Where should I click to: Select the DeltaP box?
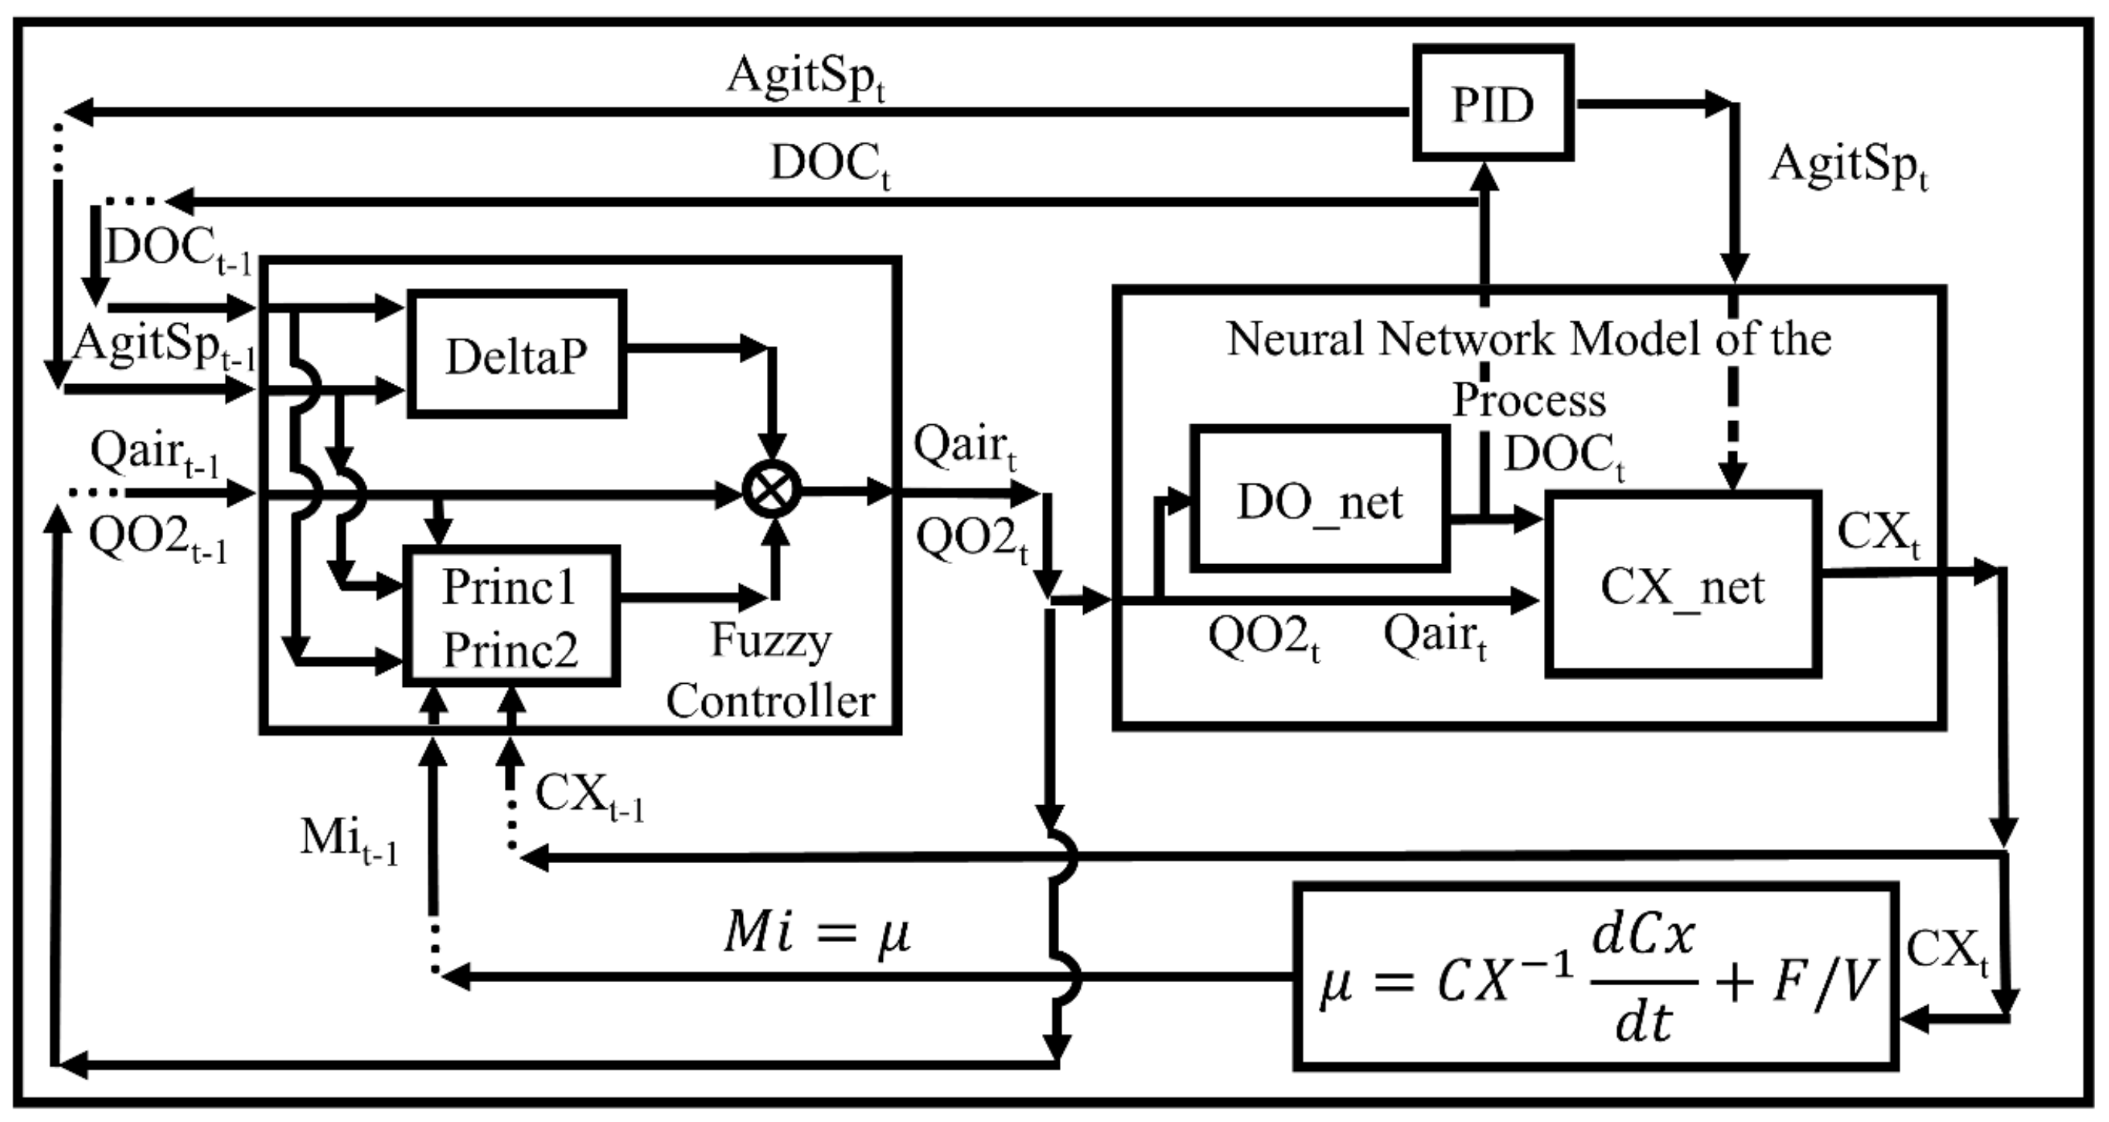point(516,355)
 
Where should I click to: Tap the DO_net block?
point(1319,498)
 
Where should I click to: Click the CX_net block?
point(1682,584)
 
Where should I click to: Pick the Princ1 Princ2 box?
point(511,616)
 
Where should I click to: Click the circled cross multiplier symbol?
point(771,491)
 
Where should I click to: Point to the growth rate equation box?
point(1595,975)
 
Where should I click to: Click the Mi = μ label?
point(816,933)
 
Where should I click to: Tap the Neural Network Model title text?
point(1528,338)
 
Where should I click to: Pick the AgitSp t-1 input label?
point(164,345)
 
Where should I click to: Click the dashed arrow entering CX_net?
point(1733,410)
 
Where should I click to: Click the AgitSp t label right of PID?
point(1848,166)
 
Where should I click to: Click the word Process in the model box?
point(1528,400)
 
